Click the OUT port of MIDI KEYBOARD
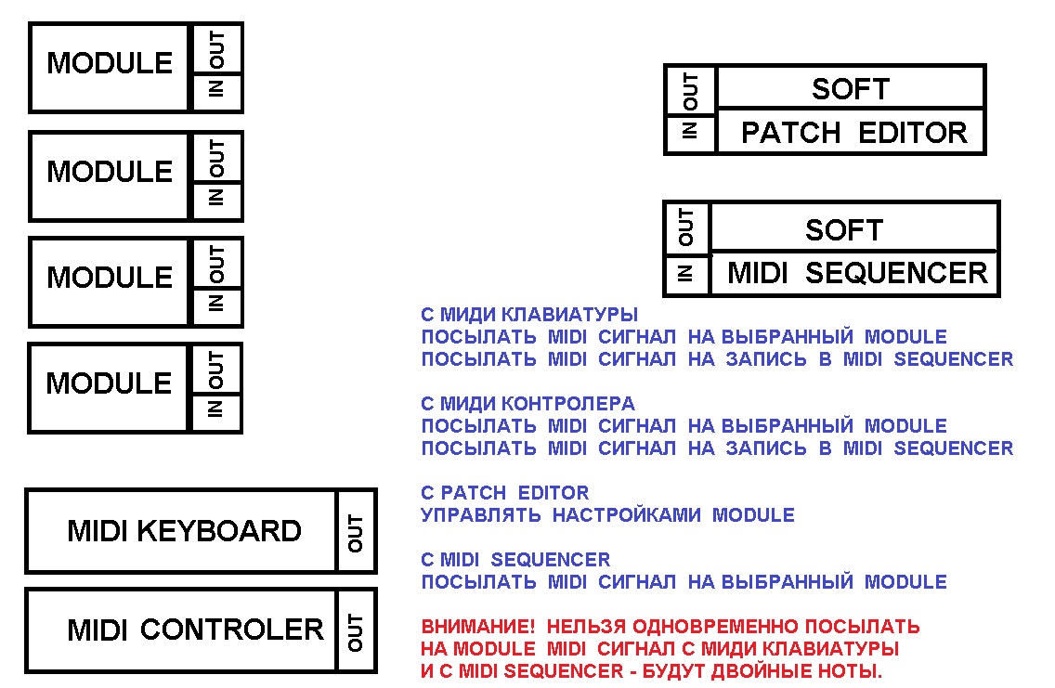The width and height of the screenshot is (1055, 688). (x=356, y=532)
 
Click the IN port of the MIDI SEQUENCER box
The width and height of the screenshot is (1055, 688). (x=686, y=274)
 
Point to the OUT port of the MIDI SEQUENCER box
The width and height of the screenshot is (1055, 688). (x=686, y=227)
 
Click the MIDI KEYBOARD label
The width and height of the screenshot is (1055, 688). (x=184, y=531)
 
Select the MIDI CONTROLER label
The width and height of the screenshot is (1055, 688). (x=195, y=630)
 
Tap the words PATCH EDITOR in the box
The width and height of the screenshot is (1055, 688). (x=853, y=133)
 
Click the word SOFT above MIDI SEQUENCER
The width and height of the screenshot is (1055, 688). (x=843, y=229)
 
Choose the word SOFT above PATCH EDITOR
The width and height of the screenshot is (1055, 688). (x=850, y=89)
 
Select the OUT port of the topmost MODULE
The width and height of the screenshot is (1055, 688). (x=216, y=50)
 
